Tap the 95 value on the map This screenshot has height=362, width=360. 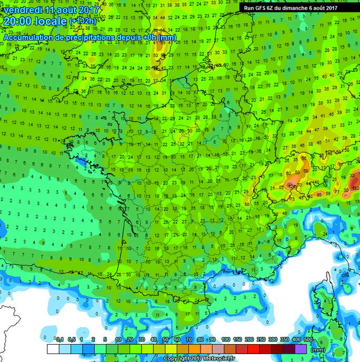319,195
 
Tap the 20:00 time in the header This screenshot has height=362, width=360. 15,22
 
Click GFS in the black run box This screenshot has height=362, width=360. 263,8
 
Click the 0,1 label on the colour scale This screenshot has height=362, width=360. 59,339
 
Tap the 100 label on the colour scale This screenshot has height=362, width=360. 226,339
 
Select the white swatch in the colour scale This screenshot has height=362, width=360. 53,348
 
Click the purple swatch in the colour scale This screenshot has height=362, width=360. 300,348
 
